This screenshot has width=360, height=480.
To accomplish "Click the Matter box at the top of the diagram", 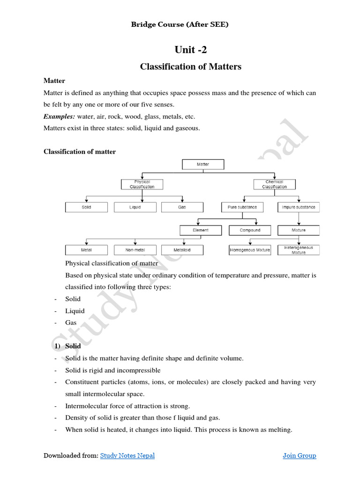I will click(202, 165).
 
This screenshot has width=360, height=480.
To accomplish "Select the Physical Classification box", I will click(142, 184).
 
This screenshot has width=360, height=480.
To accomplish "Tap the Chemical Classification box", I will click(274, 184).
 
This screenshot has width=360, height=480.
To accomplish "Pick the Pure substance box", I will click(242, 207).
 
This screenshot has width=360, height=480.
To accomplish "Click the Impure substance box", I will click(299, 207).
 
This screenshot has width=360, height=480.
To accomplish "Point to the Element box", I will click(201, 230).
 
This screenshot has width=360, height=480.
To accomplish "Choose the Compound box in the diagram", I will click(250, 230).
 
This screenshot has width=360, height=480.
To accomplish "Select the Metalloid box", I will click(182, 250).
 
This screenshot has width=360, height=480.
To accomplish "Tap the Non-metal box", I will click(135, 250).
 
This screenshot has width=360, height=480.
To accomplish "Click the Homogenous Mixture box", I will click(250, 250).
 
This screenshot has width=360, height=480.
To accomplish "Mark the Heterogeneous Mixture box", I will click(299, 250).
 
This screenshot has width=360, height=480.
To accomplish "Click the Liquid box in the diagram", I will click(135, 207).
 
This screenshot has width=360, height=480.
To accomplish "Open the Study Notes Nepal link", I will click(127, 455).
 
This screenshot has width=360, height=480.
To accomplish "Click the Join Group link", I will click(299, 455).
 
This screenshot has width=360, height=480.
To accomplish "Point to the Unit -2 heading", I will click(190, 50).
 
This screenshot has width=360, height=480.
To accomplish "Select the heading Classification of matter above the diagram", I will click(80, 151).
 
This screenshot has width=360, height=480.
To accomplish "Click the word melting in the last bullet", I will click(279, 429).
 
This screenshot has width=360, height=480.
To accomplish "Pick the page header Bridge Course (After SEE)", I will click(180, 24).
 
